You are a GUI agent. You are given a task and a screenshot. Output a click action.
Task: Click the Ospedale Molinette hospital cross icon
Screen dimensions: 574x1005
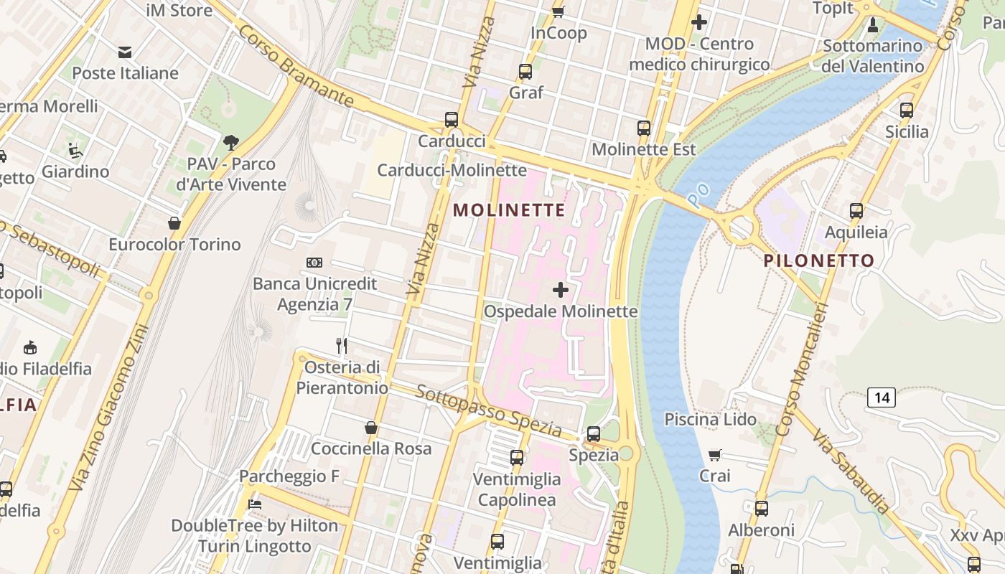click(x=561, y=290)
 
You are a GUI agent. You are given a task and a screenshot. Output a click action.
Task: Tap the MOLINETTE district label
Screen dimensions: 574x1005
click(x=509, y=210)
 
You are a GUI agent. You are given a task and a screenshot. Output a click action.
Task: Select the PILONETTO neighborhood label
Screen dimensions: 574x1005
click(x=819, y=260)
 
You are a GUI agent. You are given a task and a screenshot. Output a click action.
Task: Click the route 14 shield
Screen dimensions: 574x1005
click(x=881, y=397)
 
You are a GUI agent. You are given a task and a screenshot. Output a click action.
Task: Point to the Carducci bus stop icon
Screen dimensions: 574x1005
click(x=452, y=120)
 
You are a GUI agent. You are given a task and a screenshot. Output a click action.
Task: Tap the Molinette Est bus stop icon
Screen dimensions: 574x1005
click(x=644, y=128)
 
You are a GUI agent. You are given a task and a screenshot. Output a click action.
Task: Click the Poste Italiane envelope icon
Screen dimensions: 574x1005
click(x=125, y=52)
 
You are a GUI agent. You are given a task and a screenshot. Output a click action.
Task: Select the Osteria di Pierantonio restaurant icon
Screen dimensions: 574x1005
click(x=342, y=346)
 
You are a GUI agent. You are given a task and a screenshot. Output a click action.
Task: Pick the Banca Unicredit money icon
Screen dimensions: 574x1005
click(x=314, y=263)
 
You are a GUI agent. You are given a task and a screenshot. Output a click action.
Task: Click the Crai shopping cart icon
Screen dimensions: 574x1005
click(x=715, y=455)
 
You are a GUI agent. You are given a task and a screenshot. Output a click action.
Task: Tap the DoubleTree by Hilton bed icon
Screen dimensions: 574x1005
click(x=254, y=504)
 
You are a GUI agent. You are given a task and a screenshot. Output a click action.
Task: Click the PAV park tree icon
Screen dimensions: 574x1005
click(x=231, y=143)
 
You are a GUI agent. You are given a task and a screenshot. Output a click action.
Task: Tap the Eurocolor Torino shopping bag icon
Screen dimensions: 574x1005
click(x=174, y=223)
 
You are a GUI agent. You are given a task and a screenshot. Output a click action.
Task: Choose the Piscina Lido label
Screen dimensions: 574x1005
click(x=710, y=419)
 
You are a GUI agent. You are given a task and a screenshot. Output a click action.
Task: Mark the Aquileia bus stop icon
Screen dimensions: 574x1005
click(x=856, y=211)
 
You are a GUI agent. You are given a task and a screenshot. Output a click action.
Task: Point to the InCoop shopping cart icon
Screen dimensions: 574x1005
click(x=558, y=11)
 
